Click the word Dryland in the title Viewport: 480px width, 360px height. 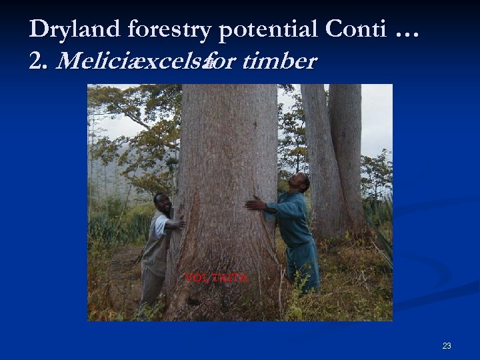point(74,29)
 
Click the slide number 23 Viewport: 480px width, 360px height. point(446,345)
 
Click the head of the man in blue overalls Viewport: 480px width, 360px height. point(301,183)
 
